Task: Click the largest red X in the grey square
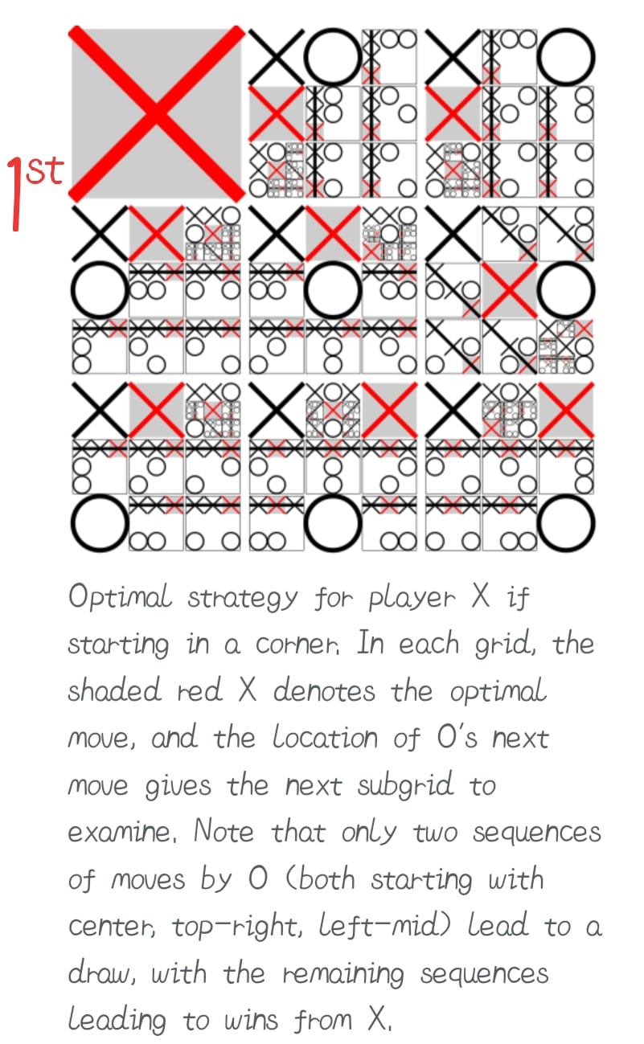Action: point(156,113)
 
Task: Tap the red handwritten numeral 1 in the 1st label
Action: point(15,194)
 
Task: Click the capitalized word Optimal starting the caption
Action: point(120,598)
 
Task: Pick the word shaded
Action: point(114,690)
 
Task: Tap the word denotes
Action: point(324,690)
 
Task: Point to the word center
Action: point(112,927)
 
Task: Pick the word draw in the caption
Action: point(102,972)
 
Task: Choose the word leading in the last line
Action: point(117,1021)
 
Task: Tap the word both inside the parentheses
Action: point(326,879)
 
